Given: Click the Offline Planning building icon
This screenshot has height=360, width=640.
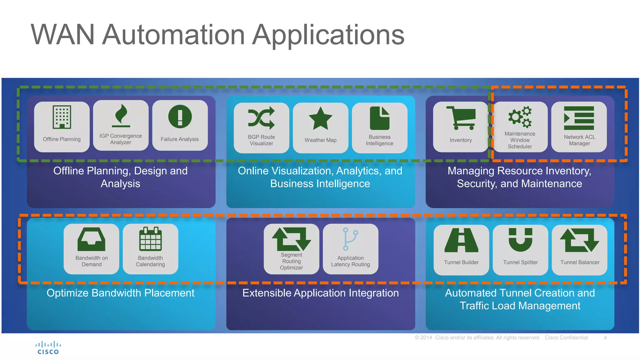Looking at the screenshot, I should pyautogui.click(x=62, y=117).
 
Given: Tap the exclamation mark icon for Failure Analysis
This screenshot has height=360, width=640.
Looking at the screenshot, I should pyautogui.click(x=180, y=117).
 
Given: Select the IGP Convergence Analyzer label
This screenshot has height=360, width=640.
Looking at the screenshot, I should pyautogui.click(x=121, y=139).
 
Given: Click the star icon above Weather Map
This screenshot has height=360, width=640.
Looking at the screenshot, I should pyautogui.click(x=320, y=118).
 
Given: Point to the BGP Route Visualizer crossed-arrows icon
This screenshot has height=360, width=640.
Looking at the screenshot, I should pyautogui.click(x=261, y=118).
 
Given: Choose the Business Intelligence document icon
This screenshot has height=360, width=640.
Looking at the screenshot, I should pyautogui.click(x=379, y=118).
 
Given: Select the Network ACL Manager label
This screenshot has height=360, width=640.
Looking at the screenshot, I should pyautogui.click(x=579, y=140).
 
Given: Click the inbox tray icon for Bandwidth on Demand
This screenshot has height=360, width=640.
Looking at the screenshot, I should pyautogui.click(x=91, y=239).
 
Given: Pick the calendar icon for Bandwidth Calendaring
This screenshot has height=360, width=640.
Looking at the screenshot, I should pyautogui.click(x=150, y=239).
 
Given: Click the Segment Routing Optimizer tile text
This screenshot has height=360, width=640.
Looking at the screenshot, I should pyautogui.click(x=291, y=261).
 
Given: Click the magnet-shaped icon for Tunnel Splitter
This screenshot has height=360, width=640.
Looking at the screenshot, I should pyautogui.click(x=520, y=240).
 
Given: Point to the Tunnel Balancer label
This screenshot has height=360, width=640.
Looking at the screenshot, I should pyautogui.click(x=580, y=262).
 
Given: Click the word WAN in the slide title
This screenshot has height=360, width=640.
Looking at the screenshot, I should pyautogui.click(x=62, y=35).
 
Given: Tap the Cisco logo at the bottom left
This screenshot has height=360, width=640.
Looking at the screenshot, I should pyautogui.click(x=48, y=348).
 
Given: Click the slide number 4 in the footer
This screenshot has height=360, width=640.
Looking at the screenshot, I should pyautogui.click(x=605, y=337).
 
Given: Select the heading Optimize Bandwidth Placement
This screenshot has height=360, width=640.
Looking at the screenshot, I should pyautogui.click(x=120, y=293).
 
